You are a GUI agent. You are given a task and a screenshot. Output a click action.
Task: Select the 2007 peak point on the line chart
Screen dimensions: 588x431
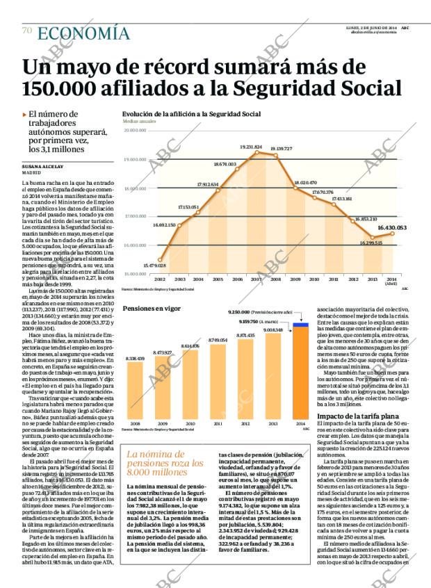pos(257,152)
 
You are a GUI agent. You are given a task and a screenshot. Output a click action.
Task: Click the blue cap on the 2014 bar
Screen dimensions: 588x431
pos(300,324)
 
